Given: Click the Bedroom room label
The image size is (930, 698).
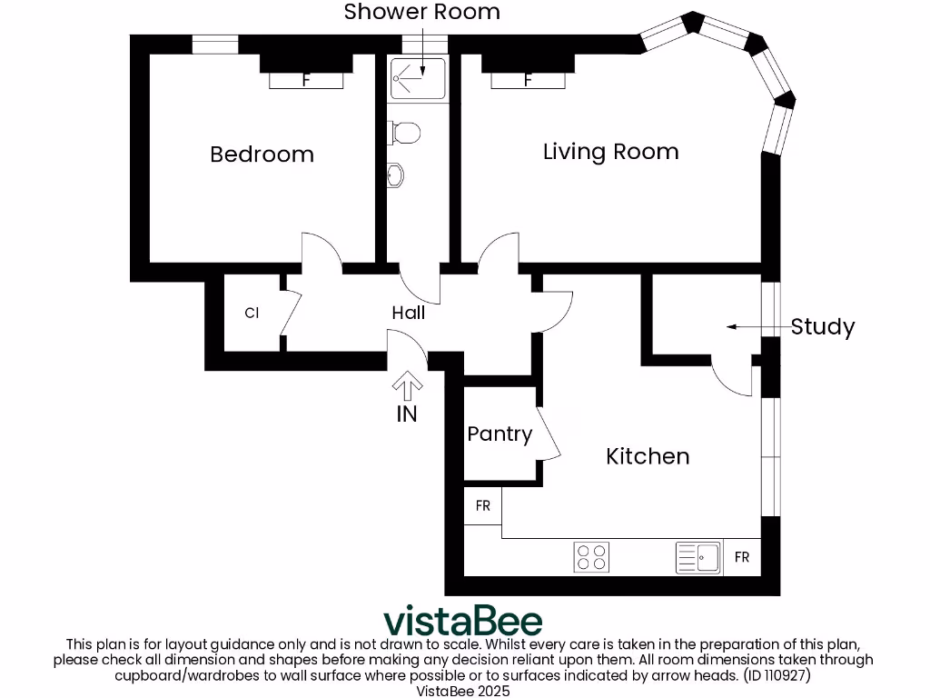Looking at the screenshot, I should (262, 155).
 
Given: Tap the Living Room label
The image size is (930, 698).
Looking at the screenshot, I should (610, 152).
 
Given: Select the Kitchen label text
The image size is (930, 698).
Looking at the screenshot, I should (648, 456).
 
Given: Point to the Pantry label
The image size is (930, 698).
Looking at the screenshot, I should (500, 434).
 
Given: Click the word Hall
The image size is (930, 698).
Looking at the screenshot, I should (409, 313).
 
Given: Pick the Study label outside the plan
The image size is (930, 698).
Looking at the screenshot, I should (822, 327).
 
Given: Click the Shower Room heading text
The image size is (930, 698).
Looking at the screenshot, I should (421, 12).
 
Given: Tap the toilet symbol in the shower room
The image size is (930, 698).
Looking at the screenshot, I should (404, 133).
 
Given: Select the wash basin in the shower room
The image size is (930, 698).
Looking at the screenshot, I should (395, 174).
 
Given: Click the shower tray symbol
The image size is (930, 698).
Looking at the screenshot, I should (418, 78).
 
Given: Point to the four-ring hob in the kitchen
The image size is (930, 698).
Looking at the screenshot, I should (592, 557).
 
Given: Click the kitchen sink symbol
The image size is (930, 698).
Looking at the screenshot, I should (698, 557).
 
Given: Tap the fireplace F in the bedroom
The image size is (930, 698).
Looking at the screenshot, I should (306, 80).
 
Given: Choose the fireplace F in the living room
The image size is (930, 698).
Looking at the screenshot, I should (528, 80).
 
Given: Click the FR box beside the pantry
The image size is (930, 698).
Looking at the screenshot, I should (482, 506).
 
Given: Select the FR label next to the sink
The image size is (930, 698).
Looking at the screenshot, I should (742, 557).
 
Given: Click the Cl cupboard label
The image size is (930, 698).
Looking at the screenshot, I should (252, 314).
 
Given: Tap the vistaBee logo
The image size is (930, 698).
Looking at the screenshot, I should (463, 622).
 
